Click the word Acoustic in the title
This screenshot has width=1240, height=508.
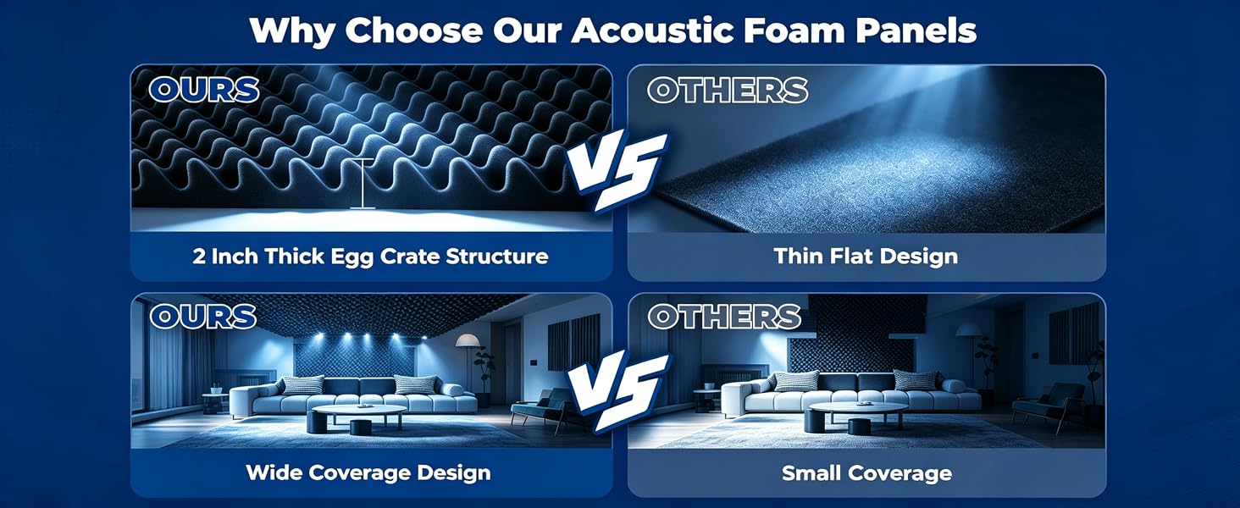pyautogui.click(x=653, y=31)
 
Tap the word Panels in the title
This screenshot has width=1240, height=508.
pyautogui.click(x=916, y=31)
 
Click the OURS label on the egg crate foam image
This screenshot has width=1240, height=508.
pyautogui.click(x=204, y=90)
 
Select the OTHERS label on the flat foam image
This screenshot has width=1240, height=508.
pyautogui.click(x=728, y=91)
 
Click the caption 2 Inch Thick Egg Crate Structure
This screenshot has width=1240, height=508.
pyautogui.click(x=370, y=257)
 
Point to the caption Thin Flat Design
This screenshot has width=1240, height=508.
pyautogui.click(x=866, y=257)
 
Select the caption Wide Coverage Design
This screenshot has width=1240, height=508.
pyautogui.click(x=368, y=472)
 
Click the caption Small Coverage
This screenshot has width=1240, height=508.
pyautogui.click(x=866, y=473)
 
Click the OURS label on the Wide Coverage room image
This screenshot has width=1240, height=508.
pyautogui.click(x=202, y=317)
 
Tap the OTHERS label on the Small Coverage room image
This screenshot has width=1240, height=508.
pyautogui.click(x=724, y=317)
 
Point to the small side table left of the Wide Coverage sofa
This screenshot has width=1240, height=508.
pyautogui.click(x=215, y=402)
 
